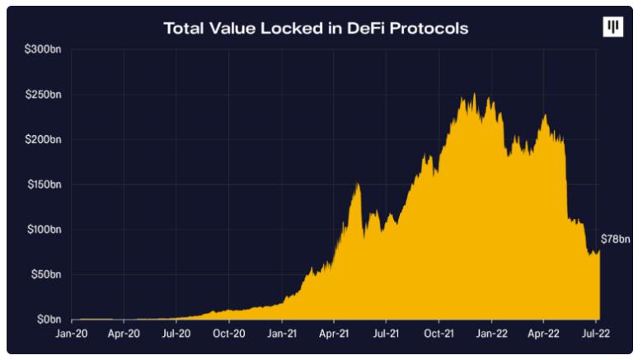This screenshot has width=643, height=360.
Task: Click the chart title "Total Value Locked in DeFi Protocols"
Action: (317, 28)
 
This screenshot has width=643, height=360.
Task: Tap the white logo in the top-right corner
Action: (612, 27)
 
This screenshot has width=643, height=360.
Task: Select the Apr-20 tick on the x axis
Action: (124, 334)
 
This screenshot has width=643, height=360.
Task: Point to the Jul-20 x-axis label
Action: (176, 334)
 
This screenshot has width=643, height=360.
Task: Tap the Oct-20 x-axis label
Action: (229, 334)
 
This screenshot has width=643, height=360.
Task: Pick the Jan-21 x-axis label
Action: (282, 334)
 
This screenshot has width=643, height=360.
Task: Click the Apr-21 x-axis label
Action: (334, 334)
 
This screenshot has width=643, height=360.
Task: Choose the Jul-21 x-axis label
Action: (387, 334)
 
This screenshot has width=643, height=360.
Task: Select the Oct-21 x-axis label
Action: (439, 334)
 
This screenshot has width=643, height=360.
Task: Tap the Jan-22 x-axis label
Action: (492, 334)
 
